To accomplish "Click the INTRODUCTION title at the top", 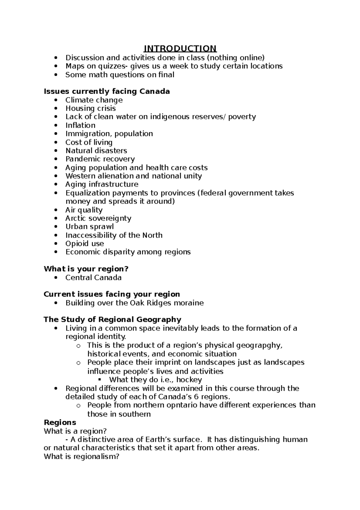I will coord(180,49).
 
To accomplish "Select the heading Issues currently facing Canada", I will coord(107,91).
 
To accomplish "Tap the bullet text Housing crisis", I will coord(91,108).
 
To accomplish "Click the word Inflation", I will coord(80,125).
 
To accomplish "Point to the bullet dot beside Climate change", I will coord(56,100).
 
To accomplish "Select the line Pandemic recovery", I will coord(100,159).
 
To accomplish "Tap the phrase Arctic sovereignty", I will coord(98,218).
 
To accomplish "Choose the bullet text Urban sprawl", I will coord(90,227).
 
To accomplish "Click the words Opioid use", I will coord(85,244).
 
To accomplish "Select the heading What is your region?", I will coord(86,269).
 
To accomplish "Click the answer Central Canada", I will coord(94,278).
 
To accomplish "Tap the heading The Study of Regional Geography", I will coord(112,319).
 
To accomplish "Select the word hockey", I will coord(190,380).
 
